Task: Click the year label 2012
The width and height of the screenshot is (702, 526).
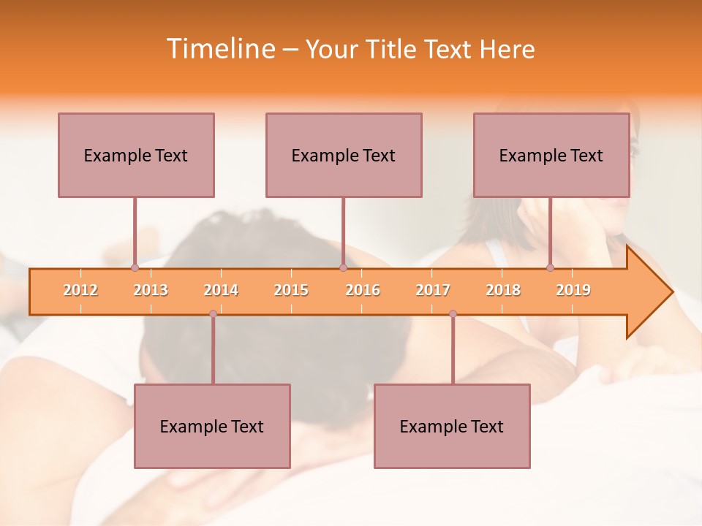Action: point(80,290)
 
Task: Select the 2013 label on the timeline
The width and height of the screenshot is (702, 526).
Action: point(151,290)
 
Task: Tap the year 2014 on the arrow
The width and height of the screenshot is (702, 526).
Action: point(221,290)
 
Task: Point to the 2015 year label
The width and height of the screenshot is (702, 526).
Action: point(291,290)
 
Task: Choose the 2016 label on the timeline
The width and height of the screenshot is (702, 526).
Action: point(363,290)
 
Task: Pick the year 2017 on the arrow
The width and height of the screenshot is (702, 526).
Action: point(433,290)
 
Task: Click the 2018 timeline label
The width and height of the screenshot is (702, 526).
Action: point(503,290)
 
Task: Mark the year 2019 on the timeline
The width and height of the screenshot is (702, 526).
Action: point(573,290)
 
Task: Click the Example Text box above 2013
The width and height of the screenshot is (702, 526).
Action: point(136,155)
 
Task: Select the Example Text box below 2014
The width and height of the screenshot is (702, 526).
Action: point(212,426)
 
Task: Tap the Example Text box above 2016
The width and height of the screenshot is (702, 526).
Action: point(344,155)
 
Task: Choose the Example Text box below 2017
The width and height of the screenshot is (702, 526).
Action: point(452,426)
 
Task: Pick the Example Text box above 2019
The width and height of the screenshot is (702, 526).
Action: point(551,155)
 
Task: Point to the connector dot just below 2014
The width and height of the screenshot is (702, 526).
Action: point(213,313)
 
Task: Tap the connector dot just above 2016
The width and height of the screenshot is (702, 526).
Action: point(343,267)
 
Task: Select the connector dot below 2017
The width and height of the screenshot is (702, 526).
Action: point(453,313)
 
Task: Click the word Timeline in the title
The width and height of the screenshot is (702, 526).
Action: point(220,49)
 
